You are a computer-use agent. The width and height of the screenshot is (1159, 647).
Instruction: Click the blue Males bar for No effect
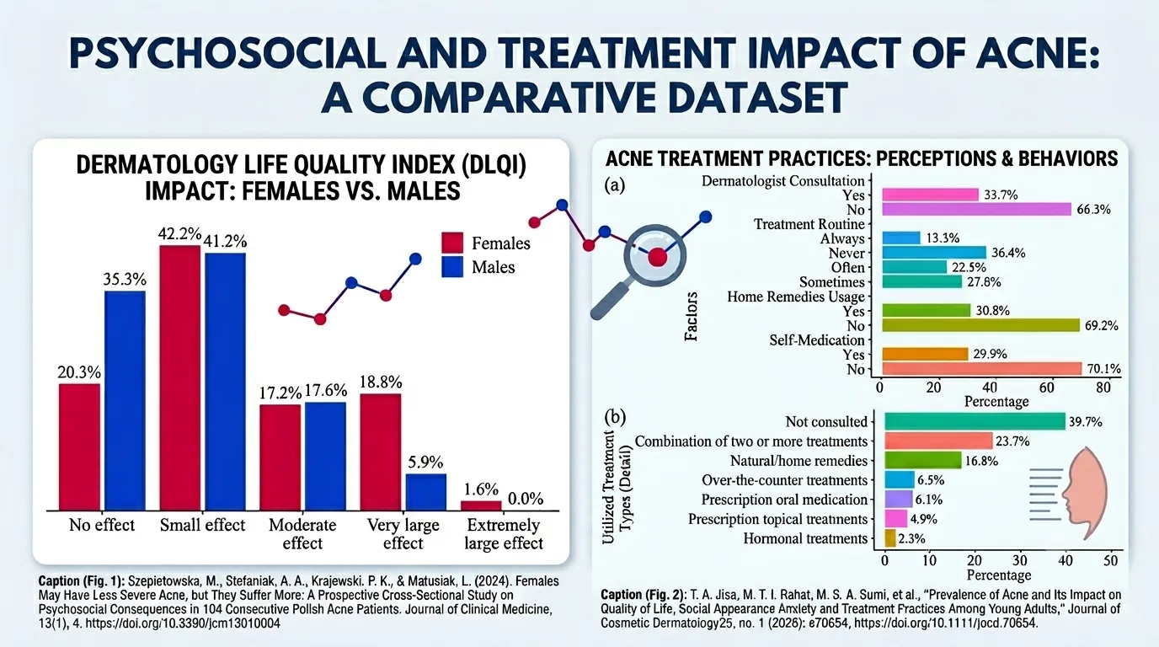(125, 401)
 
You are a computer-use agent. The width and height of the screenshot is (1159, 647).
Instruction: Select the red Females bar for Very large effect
(381, 452)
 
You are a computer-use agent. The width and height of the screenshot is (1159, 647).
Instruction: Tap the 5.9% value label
(425, 462)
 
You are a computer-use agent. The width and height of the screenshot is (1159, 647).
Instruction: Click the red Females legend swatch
(452, 243)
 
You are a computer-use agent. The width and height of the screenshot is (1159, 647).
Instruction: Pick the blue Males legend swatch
(452, 266)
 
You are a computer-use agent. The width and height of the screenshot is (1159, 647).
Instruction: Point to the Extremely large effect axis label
(504, 534)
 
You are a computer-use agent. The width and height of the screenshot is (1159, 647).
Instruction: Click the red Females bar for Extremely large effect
(481, 505)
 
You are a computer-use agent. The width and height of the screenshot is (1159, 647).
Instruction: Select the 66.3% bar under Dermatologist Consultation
(976, 209)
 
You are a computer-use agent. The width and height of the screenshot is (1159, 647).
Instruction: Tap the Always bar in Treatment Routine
(901, 238)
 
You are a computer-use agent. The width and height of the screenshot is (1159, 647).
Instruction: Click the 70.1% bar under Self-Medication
(982, 368)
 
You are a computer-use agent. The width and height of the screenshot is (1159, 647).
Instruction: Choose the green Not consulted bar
(975, 421)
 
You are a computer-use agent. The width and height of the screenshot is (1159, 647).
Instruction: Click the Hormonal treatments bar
(890, 538)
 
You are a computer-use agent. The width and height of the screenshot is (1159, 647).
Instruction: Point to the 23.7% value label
(1012, 441)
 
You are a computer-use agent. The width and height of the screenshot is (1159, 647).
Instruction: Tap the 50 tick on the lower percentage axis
(1110, 560)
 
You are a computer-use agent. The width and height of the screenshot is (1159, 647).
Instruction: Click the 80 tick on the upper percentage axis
(1103, 388)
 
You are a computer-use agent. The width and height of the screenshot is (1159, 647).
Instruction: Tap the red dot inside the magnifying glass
(657, 257)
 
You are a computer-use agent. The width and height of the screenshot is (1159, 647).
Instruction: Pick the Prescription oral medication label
(784, 500)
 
